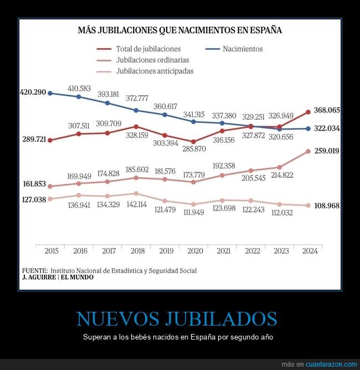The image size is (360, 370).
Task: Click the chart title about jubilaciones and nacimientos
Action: click(180, 30)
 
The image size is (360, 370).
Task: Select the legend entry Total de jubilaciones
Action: click(148, 49)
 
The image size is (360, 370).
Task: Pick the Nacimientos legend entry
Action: click(243, 49)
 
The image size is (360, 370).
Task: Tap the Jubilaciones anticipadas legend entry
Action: click(155, 71)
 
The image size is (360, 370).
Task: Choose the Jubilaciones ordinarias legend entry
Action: click(153, 60)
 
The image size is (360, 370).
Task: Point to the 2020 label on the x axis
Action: click(194, 251)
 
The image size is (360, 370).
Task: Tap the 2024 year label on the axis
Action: click(309, 251)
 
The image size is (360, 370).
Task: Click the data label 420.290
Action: click(32, 92)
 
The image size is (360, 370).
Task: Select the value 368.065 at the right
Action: click(327, 110)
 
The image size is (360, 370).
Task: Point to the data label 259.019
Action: click(327, 151)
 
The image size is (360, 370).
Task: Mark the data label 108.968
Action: click(327, 205)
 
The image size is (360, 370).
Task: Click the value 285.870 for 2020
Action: click(194, 149)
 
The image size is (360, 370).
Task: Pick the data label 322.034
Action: click(327, 129)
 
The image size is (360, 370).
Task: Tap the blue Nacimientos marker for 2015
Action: click(50, 93)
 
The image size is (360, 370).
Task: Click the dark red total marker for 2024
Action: click(308, 112)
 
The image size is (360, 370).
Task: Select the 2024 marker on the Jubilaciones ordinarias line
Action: click(308, 151)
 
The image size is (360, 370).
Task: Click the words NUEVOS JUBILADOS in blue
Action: click(176, 318)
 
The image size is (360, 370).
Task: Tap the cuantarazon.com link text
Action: click(331, 364)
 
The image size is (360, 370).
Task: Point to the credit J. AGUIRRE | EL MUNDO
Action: click(58, 277)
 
